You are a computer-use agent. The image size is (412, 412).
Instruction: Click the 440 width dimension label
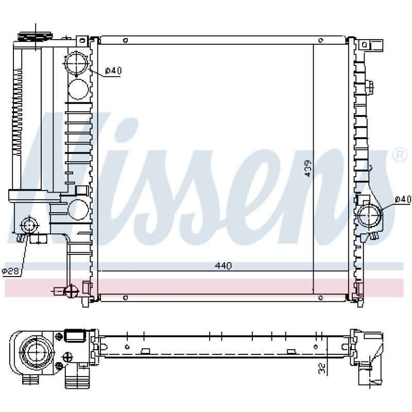coord(223,266)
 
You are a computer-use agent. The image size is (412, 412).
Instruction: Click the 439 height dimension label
coord(307,168)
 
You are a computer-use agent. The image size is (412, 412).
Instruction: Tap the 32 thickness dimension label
coord(322,368)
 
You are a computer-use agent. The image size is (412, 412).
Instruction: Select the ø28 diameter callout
coord(11,271)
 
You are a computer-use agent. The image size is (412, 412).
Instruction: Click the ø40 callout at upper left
coord(113,71)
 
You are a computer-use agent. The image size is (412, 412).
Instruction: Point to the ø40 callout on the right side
coord(403,199)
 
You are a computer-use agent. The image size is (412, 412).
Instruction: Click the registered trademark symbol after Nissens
coord(400,155)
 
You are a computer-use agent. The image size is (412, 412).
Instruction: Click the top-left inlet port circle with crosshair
coord(76,63)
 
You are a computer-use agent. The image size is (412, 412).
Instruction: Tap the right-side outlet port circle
coord(369,215)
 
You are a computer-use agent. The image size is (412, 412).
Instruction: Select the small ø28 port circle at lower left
coord(29,226)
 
